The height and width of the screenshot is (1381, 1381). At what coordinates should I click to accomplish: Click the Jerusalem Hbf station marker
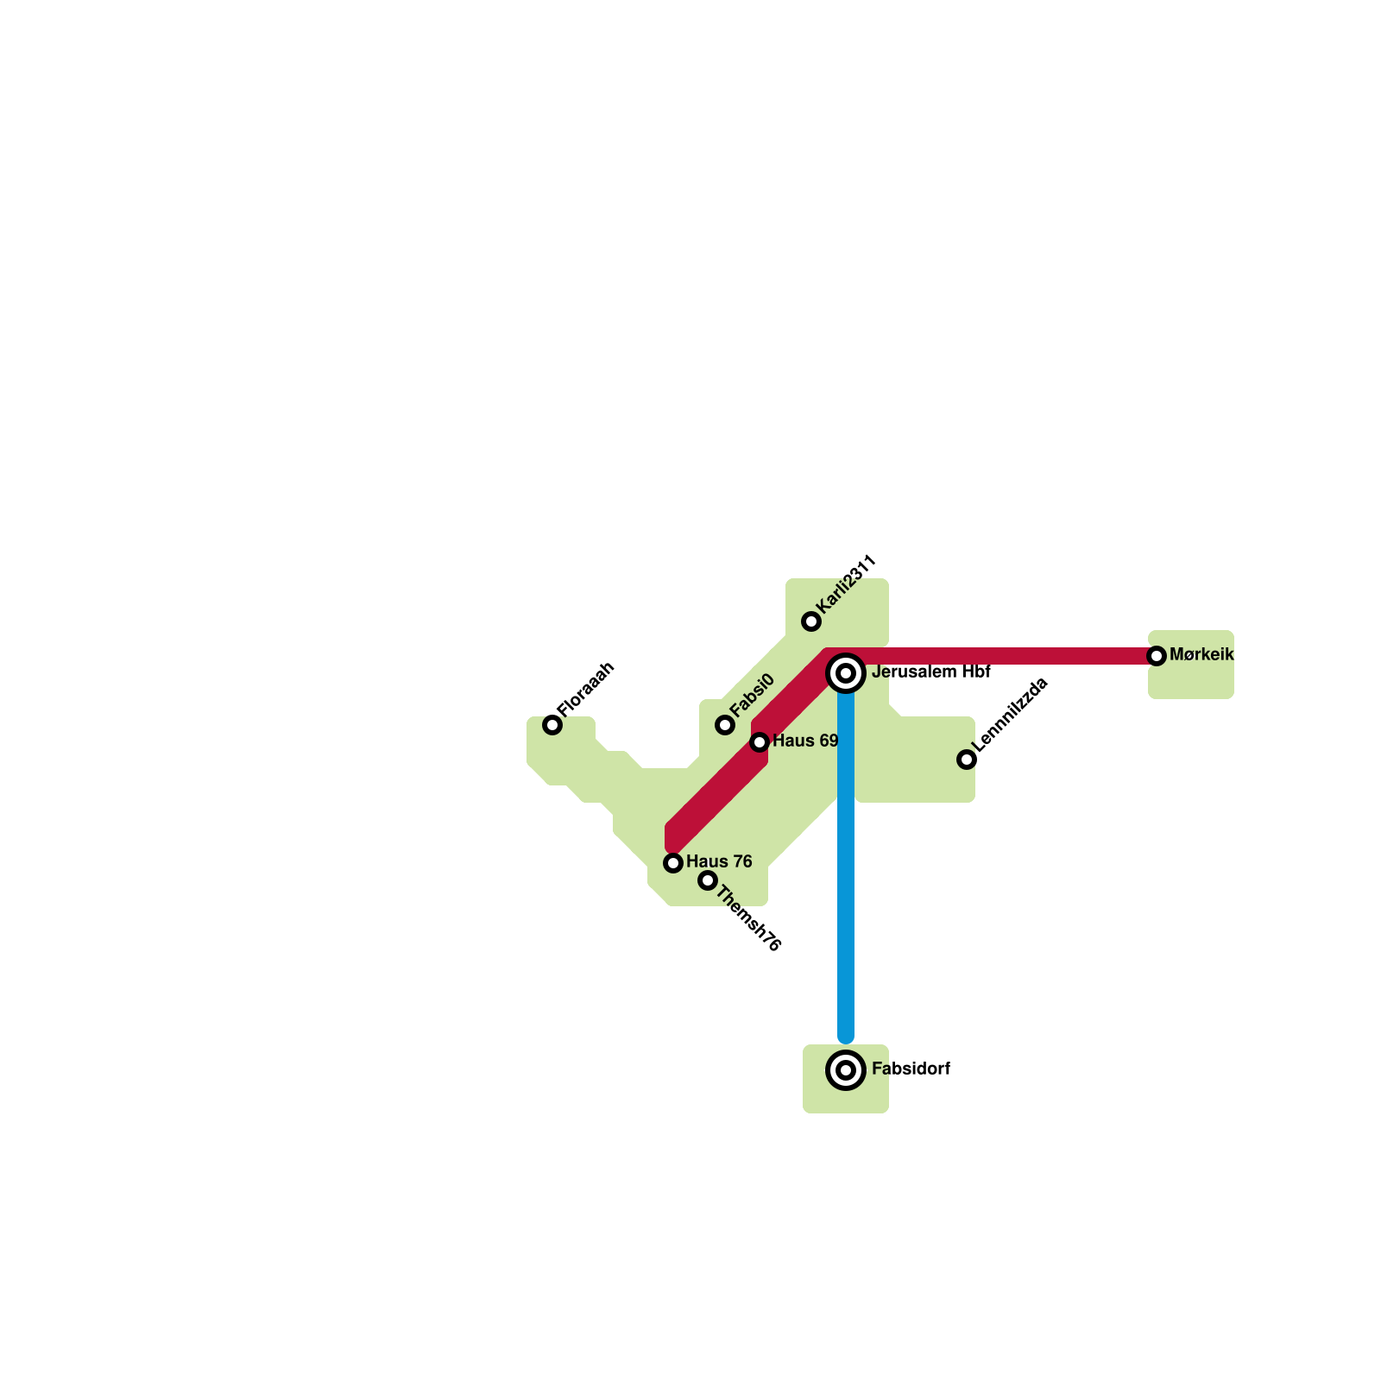click(846, 673)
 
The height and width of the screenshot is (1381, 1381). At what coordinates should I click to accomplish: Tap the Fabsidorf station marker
click(846, 1070)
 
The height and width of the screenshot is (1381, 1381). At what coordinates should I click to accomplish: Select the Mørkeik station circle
click(1157, 656)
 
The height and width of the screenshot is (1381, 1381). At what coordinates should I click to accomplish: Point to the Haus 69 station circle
click(760, 742)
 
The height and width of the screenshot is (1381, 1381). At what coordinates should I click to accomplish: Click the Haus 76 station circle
click(673, 863)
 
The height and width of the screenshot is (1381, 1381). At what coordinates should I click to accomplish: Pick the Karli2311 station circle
click(811, 621)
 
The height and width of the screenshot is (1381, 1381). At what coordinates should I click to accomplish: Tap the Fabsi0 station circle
click(725, 725)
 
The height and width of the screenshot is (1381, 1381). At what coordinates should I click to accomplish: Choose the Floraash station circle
click(552, 725)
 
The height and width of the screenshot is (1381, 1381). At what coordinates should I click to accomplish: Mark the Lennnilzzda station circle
click(967, 760)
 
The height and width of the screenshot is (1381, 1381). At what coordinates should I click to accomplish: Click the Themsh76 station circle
click(708, 880)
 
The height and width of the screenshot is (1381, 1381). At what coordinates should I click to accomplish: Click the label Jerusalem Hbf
click(930, 672)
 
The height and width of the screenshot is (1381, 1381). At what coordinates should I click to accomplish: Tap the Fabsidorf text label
click(911, 1069)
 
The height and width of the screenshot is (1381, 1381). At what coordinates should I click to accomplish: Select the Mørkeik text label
click(1201, 655)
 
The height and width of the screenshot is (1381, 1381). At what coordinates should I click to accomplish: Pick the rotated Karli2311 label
click(847, 584)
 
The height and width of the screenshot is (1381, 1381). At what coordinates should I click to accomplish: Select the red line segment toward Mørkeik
click(1001, 656)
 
